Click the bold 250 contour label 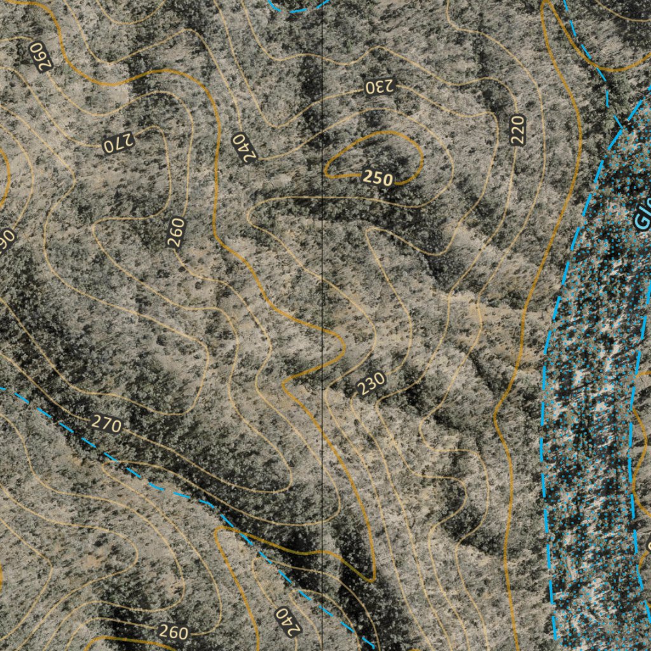378,178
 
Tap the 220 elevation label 517,130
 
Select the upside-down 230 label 380,86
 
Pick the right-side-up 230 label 371,383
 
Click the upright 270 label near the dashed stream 106,423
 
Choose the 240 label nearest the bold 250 244,147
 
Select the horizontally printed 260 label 173,632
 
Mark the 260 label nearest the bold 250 176,233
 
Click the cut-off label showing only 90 7,240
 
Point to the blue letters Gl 643,216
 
